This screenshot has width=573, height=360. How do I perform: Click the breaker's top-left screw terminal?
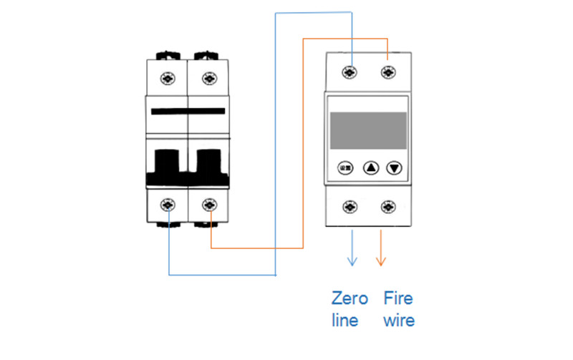(170, 78)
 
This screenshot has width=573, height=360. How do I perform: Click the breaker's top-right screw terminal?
(208, 78)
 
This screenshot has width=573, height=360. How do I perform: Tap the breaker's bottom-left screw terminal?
(170, 205)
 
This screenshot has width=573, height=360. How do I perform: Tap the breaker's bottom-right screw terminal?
(208, 205)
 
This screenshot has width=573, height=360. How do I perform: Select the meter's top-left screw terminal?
(350, 72)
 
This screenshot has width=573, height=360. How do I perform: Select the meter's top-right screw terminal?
(387, 72)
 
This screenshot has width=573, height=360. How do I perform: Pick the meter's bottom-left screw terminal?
(350, 206)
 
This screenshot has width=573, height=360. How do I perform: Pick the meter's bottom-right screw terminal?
(387, 206)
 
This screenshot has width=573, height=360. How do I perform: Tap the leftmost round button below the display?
(345, 169)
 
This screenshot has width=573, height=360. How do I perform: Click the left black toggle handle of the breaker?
(168, 162)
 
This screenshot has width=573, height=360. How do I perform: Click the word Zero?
(349, 298)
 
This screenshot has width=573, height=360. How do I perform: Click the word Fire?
(398, 298)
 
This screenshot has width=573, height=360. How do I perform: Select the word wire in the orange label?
(398, 320)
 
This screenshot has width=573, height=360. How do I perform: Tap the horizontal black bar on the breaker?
(188, 112)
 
